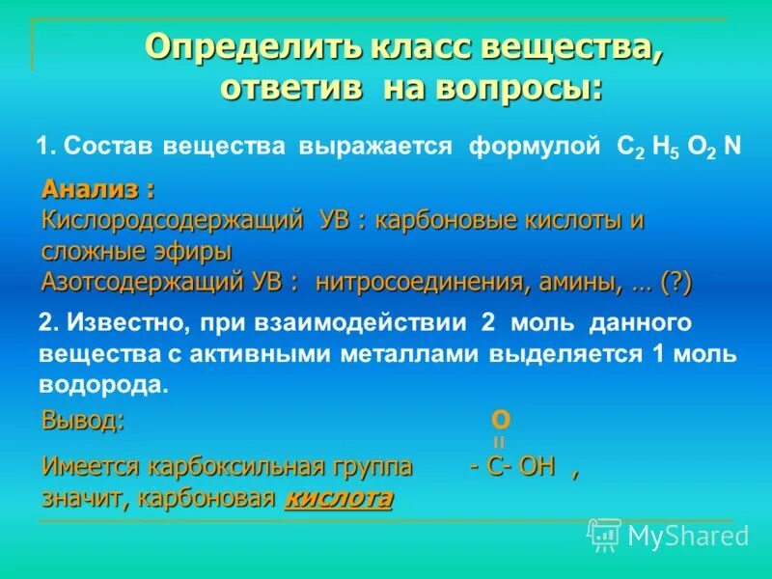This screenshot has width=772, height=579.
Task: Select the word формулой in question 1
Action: click(537, 147)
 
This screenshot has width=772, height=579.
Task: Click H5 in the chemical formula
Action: click(667, 148)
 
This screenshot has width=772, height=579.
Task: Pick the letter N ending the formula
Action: click(732, 147)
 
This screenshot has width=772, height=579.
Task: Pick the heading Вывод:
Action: click(83, 420)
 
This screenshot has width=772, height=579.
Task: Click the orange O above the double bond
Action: click(501, 420)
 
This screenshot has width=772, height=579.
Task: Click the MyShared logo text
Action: click(687, 535)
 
